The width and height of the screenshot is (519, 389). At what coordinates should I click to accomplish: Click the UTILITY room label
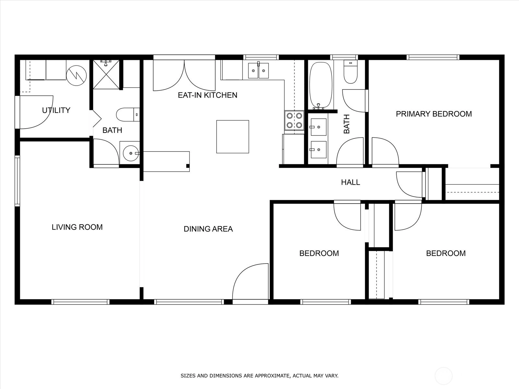coord(56,110)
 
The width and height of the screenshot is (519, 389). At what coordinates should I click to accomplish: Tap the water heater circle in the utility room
coord(76,76)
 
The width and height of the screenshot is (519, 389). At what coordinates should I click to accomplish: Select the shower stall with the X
coord(106,75)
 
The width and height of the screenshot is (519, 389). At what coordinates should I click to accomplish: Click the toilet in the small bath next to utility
coord(128,114)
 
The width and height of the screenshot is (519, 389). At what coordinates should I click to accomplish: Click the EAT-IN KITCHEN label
coord(207,95)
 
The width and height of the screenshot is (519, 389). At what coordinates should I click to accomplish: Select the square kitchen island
coord(233,137)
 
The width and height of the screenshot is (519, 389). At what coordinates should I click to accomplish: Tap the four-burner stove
coord(295,120)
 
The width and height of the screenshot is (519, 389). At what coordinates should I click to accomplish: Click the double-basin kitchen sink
coord(258,70)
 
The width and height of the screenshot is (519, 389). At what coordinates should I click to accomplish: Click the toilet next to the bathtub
coord(351,72)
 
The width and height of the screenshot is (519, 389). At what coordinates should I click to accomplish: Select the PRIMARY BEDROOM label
coord(434,114)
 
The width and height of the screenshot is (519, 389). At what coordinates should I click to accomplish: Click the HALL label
coord(350,182)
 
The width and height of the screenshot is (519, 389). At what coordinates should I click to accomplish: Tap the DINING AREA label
coord(208,229)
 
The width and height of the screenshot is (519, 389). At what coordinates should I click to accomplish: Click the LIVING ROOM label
coord(77,227)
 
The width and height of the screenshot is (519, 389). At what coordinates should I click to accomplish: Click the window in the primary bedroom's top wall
coord(433,57)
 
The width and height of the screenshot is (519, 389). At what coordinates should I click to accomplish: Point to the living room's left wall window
coord(17,181)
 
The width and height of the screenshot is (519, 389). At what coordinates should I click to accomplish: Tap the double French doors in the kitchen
coord(184,76)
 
